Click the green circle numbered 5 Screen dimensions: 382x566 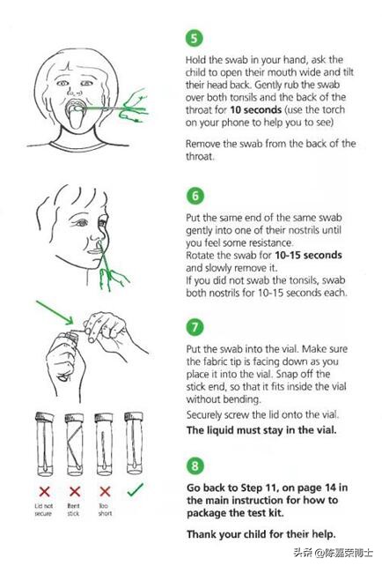coord(195,38)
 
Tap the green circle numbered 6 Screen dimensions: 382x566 coord(195,196)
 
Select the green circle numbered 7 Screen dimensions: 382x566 coord(195,327)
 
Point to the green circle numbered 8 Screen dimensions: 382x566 coord(195,465)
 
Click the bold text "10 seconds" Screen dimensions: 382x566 coord(255,109)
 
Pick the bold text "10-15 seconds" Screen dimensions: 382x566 coord(308,255)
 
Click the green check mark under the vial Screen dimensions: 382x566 coord(136,489)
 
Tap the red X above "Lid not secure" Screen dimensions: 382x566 coord(44,491)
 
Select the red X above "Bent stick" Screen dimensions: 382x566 coord(75,491)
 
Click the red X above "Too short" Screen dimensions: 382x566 coord(105,491)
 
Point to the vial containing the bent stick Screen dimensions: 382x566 coord(74,444)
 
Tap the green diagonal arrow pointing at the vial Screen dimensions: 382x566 coord(55,311)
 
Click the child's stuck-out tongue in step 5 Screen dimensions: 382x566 coord(76,120)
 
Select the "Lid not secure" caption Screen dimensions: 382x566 coord(44,510)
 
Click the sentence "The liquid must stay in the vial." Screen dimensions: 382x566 coord(261,430)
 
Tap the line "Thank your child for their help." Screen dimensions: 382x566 coord(261,534)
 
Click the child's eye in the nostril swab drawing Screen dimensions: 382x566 coord(81,223)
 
